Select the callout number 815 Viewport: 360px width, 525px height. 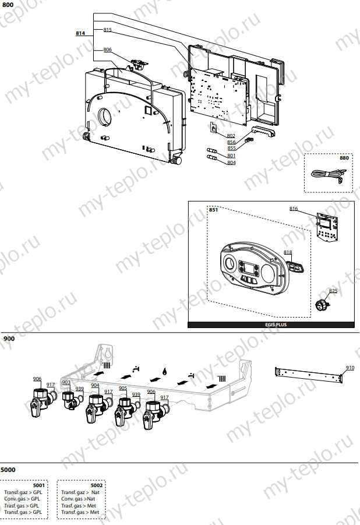[x=108, y=29]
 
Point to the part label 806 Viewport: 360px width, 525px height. [x=107, y=50]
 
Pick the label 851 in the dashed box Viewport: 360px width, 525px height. [x=213, y=210]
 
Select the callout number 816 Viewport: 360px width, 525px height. [x=294, y=208]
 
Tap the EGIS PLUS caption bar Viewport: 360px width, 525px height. [x=271, y=325]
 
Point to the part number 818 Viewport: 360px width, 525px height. [x=288, y=252]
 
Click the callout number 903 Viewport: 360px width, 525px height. [x=66, y=382]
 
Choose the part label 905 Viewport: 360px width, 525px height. [x=123, y=388]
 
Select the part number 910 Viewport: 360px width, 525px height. [x=350, y=368]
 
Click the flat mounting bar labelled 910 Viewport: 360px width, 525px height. [x=309, y=375]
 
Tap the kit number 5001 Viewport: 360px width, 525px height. [x=39, y=485]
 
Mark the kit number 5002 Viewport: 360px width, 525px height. [x=97, y=485]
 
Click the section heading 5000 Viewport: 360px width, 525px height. [x=8, y=469]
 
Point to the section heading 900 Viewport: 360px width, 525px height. [x=8, y=338]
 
